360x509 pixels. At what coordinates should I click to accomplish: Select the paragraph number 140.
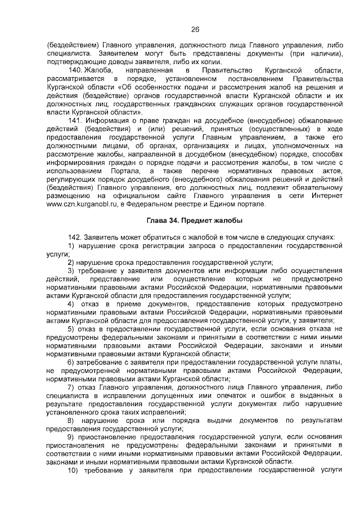click(x=74, y=70)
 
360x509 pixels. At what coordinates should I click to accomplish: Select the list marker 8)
click(x=71, y=420)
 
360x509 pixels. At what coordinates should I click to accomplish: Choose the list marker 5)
click(x=71, y=328)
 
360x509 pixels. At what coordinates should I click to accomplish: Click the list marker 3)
click(x=71, y=271)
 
